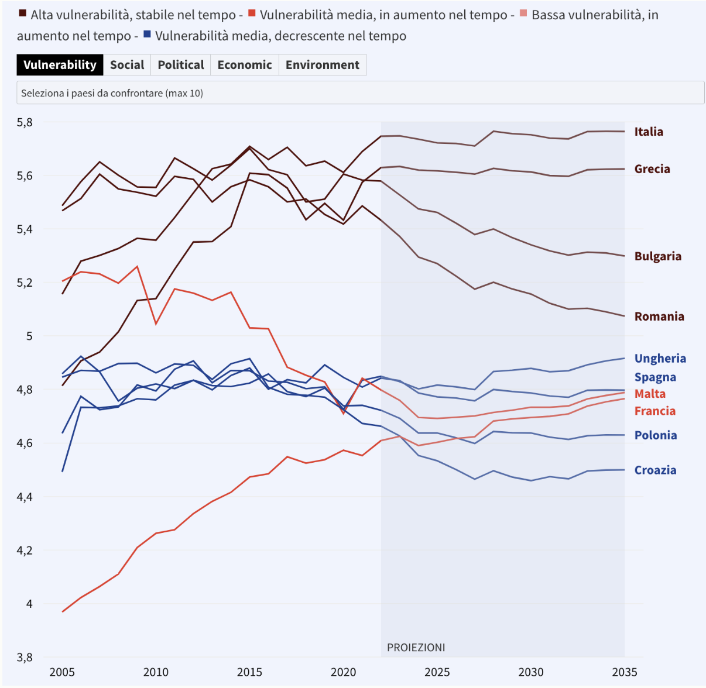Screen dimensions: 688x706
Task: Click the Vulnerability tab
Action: [60, 65]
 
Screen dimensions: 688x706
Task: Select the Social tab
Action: [127, 65]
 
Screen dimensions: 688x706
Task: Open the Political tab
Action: [181, 65]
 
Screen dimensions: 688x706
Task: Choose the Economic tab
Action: [245, 65]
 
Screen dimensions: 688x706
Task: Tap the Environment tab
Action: [323, 65]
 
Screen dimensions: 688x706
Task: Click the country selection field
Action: [360, 93]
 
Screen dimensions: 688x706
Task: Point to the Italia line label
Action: [649, 132]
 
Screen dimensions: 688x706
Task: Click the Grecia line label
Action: [652, 169]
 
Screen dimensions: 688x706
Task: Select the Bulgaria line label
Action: [658, 256]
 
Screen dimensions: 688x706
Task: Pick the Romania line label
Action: [659, 317]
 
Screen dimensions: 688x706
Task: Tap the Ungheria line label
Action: [660, 359]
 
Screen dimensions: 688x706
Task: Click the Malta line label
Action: [650, 394]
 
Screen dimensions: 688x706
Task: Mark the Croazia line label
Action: [655, 470]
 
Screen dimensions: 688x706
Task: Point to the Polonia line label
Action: [656, 435]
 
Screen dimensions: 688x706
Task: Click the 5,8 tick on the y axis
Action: [25, 123]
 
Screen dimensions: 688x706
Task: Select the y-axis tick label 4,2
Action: [25, 551]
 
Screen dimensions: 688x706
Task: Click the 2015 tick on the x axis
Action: [249, 672]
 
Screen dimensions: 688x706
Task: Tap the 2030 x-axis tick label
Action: [531, 672]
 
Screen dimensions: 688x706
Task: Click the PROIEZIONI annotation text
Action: [416, 648]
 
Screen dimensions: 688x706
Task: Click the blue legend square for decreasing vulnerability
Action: [148, 35]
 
